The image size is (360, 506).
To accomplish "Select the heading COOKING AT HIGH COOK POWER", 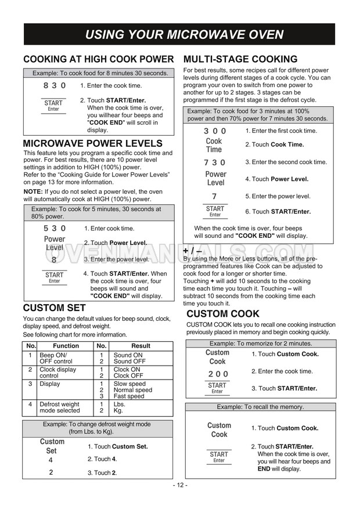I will pyautogui.click(x=98, y=59).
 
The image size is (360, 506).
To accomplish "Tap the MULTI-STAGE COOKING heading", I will pyautogui.click(x=240, y=59).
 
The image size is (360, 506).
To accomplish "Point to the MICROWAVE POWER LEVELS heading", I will pyautogui.click(x=92, y=143).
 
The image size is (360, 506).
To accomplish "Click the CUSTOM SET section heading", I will pyautogui.click(x=54, y=308).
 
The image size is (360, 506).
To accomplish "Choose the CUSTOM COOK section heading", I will pyautogui.click(x=223, y=314).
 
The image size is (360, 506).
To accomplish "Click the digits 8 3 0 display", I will pyautogui.click(x=55, y=86).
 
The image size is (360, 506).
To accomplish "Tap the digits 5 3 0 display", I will pyautogui.click(x=55, y=229).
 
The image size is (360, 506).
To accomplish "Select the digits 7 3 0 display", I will pyautogui.click(x=214, y=162).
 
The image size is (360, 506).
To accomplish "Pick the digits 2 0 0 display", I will pyautogui.click(x=217, y=374).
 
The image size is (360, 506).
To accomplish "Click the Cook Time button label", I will pyautogui.click(x=214, y=145).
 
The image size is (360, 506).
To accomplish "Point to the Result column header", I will pyautogui.click(x=141, y=346).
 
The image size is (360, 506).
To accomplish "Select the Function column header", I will pyautogui.click(x=66, y=346).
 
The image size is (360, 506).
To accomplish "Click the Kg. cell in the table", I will pyautogui.click(x=119, y=411).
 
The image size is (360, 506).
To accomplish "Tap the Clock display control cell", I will pyautogui.click(x=57, y=373).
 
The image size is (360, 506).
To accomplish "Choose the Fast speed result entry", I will pyautogui.click(x=129, y=396).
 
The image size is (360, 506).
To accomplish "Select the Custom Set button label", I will pyautogui.click(x=52, y=446).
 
